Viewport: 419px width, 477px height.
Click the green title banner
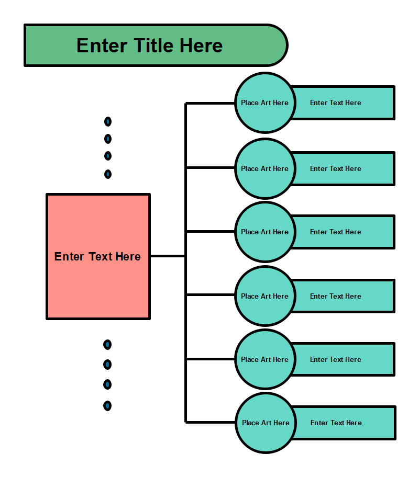(155, 46)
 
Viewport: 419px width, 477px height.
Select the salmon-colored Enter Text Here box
(98, 256)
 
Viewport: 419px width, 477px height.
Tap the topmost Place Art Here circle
(264, 103)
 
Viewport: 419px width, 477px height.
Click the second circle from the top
(264, 168)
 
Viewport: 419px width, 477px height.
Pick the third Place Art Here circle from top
(264, 232)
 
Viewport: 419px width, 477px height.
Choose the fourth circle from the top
(264, 296)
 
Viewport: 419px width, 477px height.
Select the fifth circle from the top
(264, 359)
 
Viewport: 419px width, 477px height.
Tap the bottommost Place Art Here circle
(266, 423)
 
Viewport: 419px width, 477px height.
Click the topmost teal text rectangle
(343, 103)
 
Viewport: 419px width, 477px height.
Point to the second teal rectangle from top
(343, 168)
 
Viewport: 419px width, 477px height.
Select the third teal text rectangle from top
(343, 232)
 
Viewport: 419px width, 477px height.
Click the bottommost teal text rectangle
(344, 423)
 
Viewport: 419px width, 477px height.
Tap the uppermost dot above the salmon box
(108, 122)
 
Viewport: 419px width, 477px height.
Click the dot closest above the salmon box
(108, 174)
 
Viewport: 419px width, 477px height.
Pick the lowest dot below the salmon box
(107, 405)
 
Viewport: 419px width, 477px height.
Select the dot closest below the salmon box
(107, 345)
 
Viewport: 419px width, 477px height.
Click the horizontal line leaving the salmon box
(168, 256)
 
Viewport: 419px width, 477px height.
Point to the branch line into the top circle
(210, 103)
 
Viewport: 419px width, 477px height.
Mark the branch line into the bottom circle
(210, 422)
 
